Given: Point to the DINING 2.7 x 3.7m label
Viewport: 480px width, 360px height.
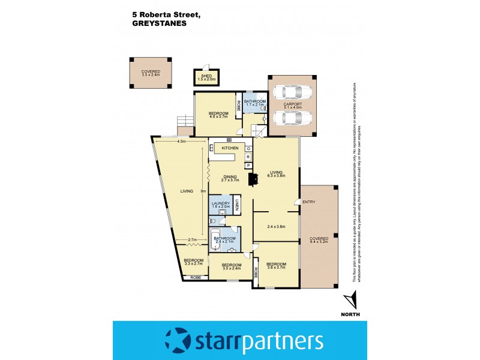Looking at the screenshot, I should pos(230,178).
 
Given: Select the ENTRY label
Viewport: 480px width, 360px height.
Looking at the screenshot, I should pos(309,202).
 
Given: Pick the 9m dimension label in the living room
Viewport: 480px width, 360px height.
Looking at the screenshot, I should pos(203,191).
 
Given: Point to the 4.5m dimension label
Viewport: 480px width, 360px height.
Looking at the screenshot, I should pos(181,142).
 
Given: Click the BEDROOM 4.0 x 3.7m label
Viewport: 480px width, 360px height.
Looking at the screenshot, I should pos(218,115).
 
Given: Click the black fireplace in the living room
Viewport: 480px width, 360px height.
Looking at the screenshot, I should pos(254,178).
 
